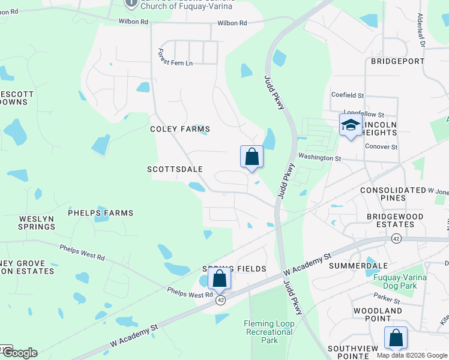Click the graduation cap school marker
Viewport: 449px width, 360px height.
351,125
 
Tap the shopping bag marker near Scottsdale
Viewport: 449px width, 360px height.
252,157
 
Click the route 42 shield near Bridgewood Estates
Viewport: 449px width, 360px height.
396,239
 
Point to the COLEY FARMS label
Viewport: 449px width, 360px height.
180,129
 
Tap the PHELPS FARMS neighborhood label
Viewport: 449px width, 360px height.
100,213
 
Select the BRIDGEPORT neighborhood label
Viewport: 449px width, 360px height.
397,61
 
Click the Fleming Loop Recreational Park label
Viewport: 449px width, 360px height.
270,332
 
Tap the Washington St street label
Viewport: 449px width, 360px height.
321,158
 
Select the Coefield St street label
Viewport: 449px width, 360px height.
348,95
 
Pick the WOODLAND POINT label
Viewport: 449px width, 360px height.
378,314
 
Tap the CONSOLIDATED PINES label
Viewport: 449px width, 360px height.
393,194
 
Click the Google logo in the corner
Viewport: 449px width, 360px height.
20,353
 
